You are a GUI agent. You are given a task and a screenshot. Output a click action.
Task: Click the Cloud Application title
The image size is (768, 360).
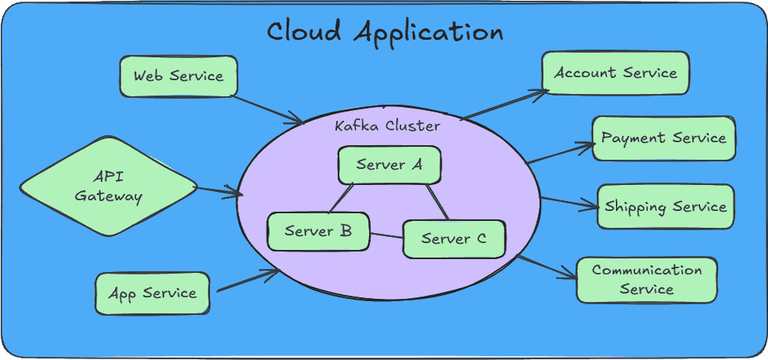click(x=384, y=32)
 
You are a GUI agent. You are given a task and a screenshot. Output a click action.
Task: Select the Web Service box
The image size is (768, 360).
click(x=179, y=76)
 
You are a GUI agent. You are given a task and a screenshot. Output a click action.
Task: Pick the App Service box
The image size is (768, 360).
click(x=152, y=293)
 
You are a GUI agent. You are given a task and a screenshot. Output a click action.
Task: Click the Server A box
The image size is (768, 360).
click(x=390, y=164)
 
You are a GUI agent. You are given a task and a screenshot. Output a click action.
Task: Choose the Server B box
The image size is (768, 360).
click(x=318, y=230)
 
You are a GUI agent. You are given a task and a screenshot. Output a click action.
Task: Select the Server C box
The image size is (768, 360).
click(x=454, y=238)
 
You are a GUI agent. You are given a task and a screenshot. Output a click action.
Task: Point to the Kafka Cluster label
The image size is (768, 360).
click(x=387, y=125)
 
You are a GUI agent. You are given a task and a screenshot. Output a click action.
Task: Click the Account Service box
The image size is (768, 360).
click(x=615, y=73)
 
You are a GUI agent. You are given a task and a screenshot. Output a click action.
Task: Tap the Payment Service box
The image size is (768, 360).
click(x=663, y=138)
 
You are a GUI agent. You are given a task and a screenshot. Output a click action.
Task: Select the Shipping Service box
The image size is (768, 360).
click(x=665, y=206)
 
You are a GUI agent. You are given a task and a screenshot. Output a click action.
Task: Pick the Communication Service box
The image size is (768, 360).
click(x=646, y=280)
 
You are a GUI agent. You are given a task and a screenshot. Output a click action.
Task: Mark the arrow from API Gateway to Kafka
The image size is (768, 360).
click(x=219, y=190)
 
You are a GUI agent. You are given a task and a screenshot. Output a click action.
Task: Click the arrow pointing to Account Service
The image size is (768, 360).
click(x=504, y=104)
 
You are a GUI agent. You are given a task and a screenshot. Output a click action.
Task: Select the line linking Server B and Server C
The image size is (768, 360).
click(x=386, y=234)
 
